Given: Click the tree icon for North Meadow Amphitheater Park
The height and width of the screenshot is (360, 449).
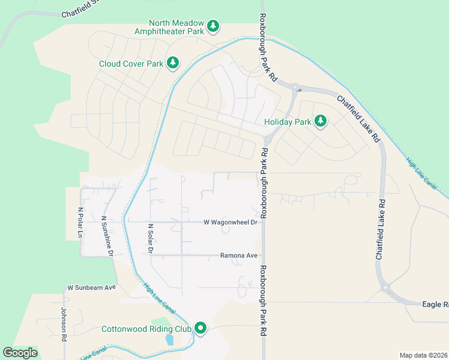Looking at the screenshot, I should [x=213, y=26].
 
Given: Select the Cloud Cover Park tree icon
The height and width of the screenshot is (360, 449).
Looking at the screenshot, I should [x=173, y=62].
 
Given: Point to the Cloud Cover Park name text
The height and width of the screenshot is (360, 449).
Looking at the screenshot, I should [x=131, y=63].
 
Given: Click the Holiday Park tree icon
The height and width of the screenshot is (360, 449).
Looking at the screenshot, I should [x=321, y=122].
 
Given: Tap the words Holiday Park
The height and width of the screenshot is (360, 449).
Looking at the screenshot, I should [x=288, y=122].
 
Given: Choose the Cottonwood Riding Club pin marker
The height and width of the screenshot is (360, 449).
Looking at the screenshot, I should [x=200, y=328].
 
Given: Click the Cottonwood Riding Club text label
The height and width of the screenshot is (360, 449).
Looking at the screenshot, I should [x=146, y=329].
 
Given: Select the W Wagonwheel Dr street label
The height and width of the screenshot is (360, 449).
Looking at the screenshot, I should [x=230, y=223].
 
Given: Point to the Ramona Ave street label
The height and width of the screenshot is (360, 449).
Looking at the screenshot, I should [x=239, y=256].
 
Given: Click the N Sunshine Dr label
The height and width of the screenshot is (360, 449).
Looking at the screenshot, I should [x=107, y=236].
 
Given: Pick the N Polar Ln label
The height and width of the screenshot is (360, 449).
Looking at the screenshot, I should [x=80, y=223].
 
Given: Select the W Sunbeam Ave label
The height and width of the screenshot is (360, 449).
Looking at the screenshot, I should [x=91, y=287].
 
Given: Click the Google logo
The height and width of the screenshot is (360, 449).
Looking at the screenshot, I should [x=20, y=353].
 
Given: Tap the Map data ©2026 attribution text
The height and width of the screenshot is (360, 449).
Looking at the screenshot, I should [x=423, y=355].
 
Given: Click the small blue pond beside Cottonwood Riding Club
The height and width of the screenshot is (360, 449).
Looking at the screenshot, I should [x=169, y=340].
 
